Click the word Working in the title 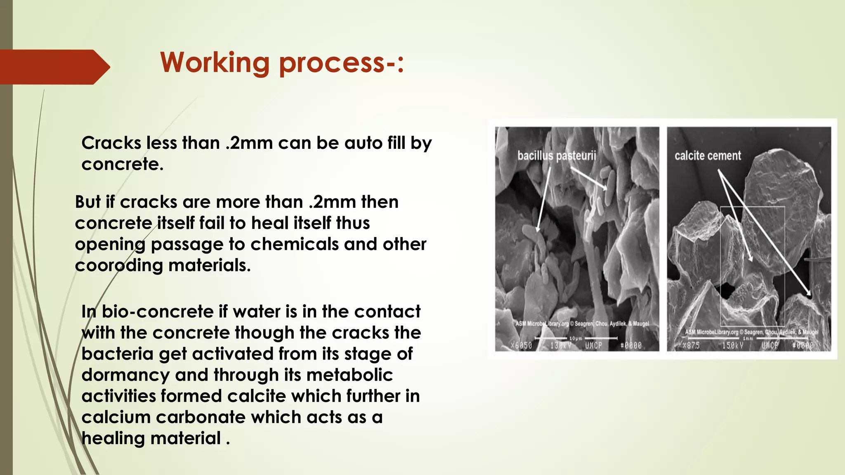coord(215,63)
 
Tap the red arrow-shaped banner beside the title coord(54,67)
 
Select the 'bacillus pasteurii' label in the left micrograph coord(557,156)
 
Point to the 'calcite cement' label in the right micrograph coord(708,155)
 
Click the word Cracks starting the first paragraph coord(111,143)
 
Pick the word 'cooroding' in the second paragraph coord(119,265)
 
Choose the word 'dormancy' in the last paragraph coord(125,375)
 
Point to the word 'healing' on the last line coord(113,438)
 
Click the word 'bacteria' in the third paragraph coord(117,354)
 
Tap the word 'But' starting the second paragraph coord(87,202)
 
